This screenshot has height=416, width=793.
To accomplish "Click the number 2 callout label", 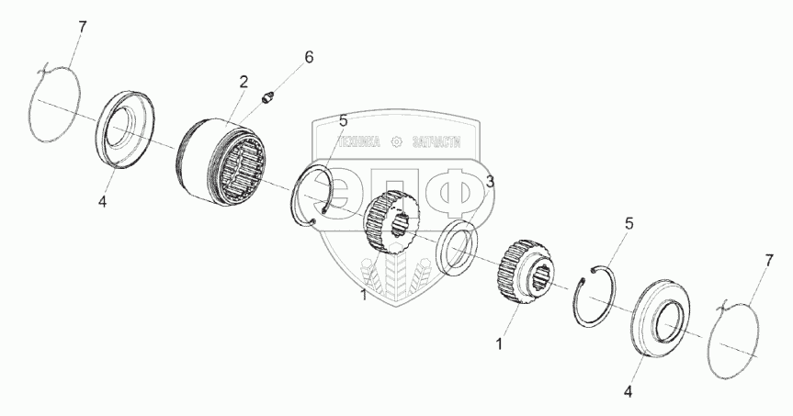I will (244, 82).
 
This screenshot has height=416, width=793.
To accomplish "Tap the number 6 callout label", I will (309, 57).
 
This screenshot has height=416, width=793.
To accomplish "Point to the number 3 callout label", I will (491, 182).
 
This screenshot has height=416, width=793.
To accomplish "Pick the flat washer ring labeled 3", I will (457, 246).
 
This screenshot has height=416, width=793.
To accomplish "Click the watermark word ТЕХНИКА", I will (361, 142).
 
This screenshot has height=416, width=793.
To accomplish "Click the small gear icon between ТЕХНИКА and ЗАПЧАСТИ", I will (397, 142).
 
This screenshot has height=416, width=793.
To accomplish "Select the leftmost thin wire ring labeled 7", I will (56, 102).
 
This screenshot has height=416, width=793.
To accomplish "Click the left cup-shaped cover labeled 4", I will (127, 129).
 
